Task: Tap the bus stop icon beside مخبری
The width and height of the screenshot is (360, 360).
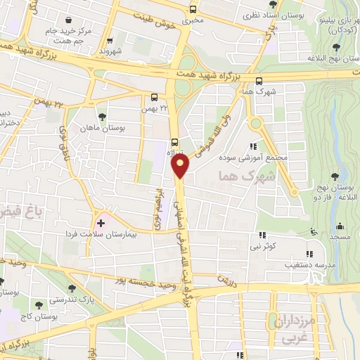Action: tap(193, 9)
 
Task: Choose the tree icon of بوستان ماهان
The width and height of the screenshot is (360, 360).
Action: tap(103, 116)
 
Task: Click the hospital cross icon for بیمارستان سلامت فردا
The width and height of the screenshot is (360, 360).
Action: tap(101, 224)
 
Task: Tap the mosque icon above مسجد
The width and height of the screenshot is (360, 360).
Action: tap(340, 226)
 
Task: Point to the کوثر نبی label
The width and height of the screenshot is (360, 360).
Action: tap(261, 247)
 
